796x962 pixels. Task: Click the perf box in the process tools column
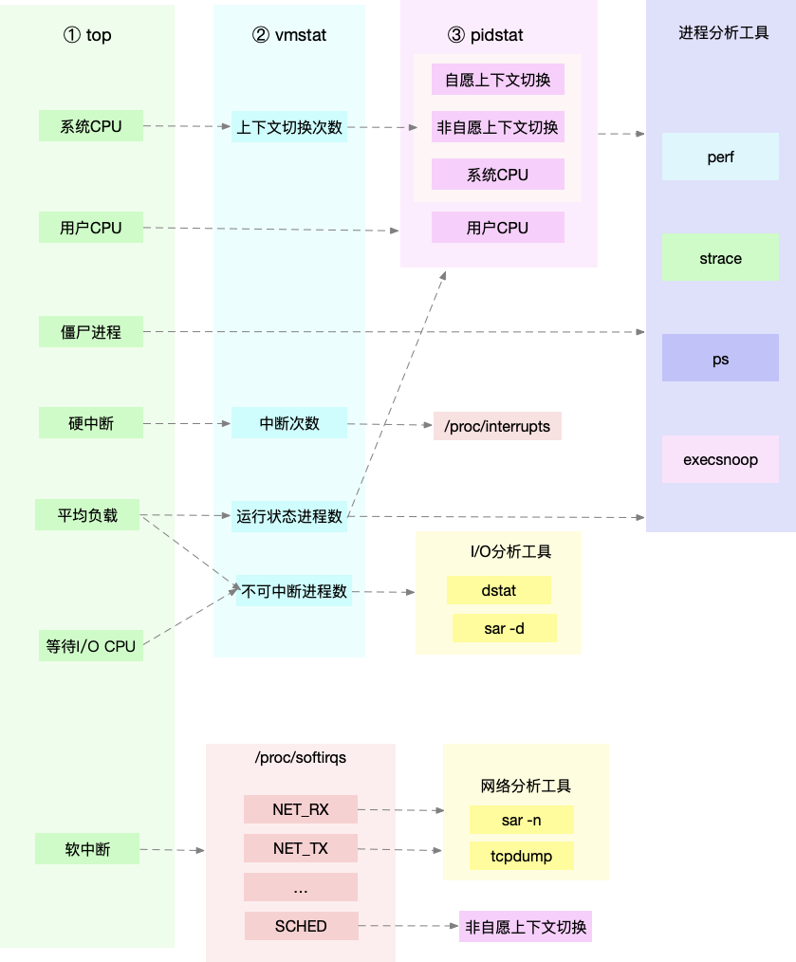(x=720, y=157)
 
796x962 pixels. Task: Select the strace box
(x=720, y=258)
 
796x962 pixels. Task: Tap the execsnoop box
(x=720, y=460)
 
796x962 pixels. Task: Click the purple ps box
(x=720, y=359)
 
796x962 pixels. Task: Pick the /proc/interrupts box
(x=497, y=426)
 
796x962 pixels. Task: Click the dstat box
(x=498, y=590)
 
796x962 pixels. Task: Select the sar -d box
(x=504, y=628)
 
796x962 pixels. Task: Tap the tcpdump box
(x=521, y=856)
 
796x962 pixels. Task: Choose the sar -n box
(x=521, y=820)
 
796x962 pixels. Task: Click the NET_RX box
(x=300, y=809)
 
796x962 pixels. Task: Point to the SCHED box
(x=301, y=926)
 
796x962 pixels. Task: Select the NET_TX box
(x=300, y=848)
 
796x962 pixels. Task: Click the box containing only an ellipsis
(x=300, y=887)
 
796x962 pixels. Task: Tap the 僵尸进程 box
(x=91, y=332)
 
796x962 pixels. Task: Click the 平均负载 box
(x=87, y=516)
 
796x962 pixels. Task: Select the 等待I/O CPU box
(x=91, y=646)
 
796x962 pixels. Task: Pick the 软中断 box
(x=87, y=849)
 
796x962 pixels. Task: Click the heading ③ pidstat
(x=485, y=35)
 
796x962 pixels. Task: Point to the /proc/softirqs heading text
(x=300, y=758)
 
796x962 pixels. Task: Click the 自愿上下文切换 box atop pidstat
(x=497, y=80)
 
